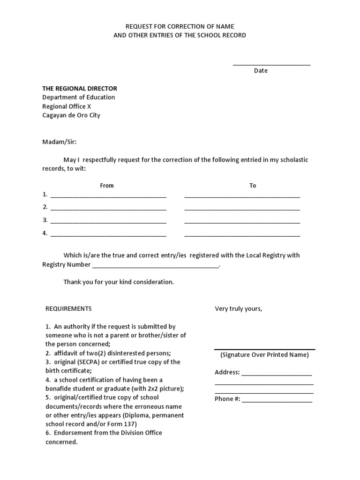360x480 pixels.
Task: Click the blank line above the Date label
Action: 271,64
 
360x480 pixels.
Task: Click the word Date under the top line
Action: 261,71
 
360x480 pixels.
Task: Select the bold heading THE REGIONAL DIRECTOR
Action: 80,89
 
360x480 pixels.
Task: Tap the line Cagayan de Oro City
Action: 71,115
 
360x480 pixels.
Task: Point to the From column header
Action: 107,186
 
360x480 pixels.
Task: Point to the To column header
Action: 253,186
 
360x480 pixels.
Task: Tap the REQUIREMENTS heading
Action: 68,309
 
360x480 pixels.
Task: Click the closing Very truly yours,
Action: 239,309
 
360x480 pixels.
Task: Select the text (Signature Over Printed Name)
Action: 264,355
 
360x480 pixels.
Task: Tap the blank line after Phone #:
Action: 277,400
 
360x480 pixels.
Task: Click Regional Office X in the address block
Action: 67,106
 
